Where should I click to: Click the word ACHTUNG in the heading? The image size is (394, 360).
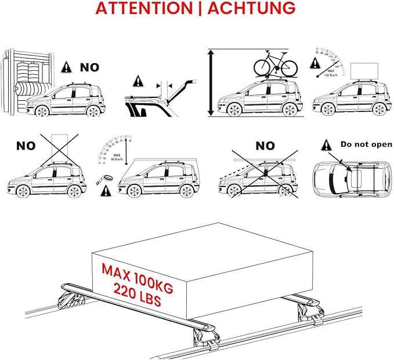coord(250,9)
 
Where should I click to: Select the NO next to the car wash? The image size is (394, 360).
coord(89,67)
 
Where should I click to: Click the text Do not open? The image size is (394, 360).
coord(366,144)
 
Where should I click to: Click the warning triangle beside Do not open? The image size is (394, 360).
coord(327,145)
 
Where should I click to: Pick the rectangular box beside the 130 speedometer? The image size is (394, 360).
coord(364,71)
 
